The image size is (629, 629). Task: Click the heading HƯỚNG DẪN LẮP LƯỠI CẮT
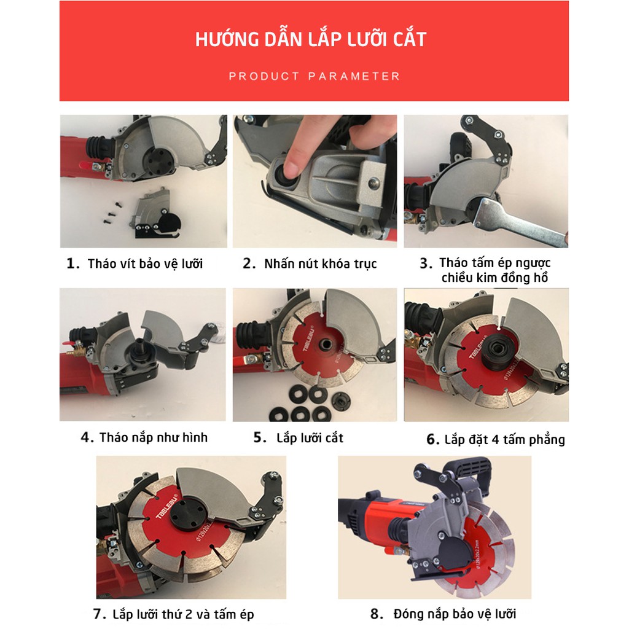(x=310, y=39)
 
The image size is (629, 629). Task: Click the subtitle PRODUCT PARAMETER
(x=314, y=76)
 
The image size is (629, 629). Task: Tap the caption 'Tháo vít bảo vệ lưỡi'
(x=145, y=264)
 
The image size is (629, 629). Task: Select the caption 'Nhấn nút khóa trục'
(x=321, y=264)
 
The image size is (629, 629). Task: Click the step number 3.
(x=426, y=264)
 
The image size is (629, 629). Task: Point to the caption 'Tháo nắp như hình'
(x=154, y=437)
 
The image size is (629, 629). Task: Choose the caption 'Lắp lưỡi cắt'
(x=310, y=437)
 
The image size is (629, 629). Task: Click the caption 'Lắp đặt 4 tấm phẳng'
(x=505, y=440)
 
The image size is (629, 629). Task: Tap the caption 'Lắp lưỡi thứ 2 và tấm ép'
(x=183, y=614)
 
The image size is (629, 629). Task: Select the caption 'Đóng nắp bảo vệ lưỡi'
(x=455, y=614)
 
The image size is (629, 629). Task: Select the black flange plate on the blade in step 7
(x=188, y=514)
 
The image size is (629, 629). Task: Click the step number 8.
(x=377, y=614)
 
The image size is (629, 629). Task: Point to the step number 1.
(x=72, y=264)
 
